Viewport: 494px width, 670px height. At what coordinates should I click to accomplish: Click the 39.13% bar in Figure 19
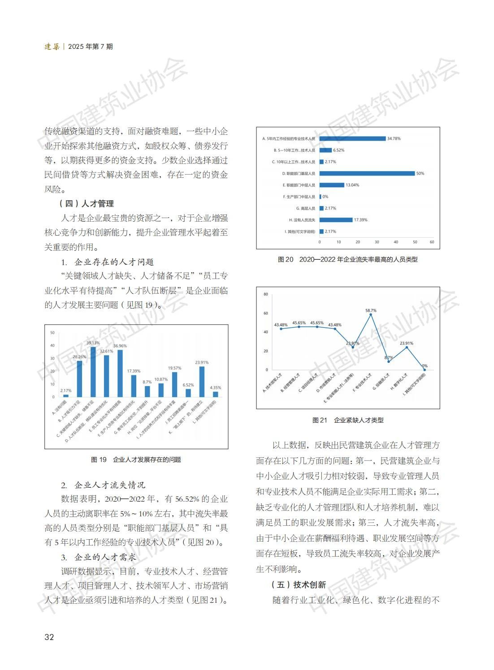(93, 372)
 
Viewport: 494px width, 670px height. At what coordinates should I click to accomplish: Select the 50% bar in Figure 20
(368, 173)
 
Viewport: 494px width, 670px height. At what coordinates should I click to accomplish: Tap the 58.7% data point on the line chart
(371, 315)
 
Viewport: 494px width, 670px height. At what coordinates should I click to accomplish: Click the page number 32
(49, 637)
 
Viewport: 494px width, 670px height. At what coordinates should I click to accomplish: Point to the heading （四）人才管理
(87, 204)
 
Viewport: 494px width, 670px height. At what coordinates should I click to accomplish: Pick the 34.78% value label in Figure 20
(394, 138)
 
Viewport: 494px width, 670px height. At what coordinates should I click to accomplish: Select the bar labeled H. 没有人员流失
(336, 220)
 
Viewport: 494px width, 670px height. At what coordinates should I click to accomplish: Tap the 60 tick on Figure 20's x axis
(432, 242)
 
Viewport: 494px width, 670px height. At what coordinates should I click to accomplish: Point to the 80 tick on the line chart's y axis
(266, 294)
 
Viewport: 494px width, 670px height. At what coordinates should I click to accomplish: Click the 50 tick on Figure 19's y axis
(52, 333)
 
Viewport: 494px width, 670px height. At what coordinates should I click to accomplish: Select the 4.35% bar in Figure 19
(216, 394)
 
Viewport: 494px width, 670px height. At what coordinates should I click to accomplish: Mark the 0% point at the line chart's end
(424, 369)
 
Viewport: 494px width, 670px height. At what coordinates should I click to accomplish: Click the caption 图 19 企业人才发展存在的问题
(136, 460)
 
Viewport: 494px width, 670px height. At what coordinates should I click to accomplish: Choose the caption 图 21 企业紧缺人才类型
(348, 420)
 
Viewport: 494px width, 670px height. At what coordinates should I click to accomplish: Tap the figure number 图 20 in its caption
(286, 259)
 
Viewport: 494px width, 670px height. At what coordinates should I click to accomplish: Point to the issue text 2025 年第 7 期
(91, 47)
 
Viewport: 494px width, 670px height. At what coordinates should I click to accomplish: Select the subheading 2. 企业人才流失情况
(103, 485)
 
